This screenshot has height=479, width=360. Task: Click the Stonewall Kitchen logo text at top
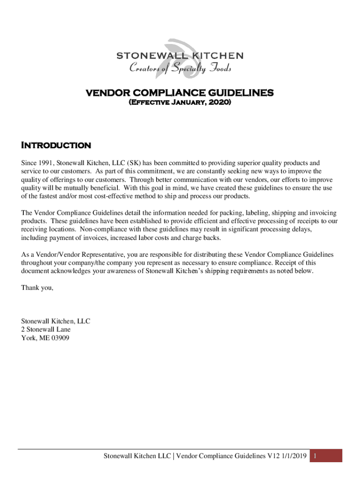180,56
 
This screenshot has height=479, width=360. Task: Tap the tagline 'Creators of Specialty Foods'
180,69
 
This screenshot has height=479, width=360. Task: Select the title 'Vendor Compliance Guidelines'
180,93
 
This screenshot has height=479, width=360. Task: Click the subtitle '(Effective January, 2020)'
180,102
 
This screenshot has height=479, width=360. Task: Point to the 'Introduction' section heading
56,145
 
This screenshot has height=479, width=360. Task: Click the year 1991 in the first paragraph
46,163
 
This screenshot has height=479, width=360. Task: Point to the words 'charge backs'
203,238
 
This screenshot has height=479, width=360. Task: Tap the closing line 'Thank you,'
37,288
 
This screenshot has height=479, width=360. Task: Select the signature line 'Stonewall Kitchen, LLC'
56,321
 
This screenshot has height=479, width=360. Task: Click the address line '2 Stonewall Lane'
46,329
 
